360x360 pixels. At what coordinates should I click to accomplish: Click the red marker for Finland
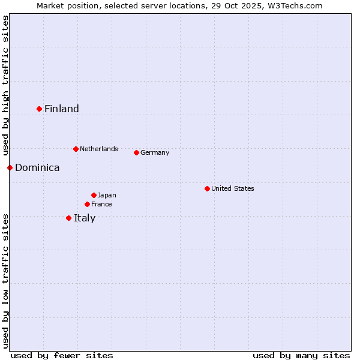tap(40, 109)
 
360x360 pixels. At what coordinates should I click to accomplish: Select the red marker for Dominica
tap(10, 167)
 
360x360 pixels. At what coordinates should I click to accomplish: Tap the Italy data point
tap(68, 218)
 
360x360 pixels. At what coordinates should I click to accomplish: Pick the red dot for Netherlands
tap(76, 149)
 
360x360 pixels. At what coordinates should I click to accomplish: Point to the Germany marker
tap(136, 152)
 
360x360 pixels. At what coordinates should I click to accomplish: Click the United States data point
tap(207, 188)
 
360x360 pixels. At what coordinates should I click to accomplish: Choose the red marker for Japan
tap(94, 195)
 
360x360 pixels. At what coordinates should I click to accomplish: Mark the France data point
tap(87, 204)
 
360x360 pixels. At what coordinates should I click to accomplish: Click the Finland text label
tap(62, 109)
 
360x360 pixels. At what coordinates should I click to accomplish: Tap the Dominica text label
tap(37, 167)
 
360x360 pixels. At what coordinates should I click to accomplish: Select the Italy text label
tap(85, 218)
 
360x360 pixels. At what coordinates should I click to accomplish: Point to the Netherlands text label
tap(99, 149)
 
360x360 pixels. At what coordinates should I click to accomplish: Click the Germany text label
tap(155, 152)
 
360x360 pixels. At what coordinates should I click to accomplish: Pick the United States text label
tap(233, 188)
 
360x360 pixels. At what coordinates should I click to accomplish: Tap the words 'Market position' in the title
tap(65, 5)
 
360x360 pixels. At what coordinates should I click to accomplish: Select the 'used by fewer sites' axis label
tap(62, 355)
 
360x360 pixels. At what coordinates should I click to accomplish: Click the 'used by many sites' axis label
tap(301, 355)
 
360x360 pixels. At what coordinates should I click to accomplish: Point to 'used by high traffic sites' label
tap(5, 86)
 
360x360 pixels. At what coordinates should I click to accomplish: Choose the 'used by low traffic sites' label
tap(5, 280)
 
